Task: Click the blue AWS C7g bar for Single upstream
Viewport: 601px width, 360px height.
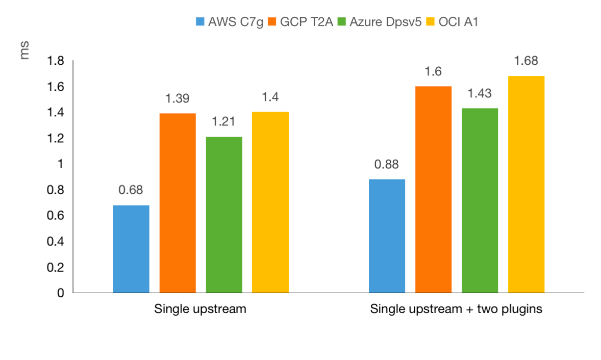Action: [131, 249]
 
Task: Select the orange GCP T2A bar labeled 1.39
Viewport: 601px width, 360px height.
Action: [178, 203]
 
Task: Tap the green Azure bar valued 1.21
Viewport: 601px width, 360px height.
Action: [224, 215]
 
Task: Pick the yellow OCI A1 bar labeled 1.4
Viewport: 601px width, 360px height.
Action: [270, 202]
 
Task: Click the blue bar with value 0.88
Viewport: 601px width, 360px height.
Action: [387, 236]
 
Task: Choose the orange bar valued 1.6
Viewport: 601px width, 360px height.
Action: [433, 189]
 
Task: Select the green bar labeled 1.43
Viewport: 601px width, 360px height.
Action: [480, 200]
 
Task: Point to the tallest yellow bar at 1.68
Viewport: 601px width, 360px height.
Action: [526, 184]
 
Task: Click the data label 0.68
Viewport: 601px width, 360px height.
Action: [131, 190]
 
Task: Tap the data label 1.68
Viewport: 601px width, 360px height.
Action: [526, 61]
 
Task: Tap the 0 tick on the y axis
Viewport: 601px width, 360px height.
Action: [60, 293]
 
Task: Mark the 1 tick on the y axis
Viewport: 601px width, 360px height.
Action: [60, 164]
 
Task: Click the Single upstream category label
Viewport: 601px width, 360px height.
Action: [200, 309]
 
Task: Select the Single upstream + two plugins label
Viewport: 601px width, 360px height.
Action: [456, 309]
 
